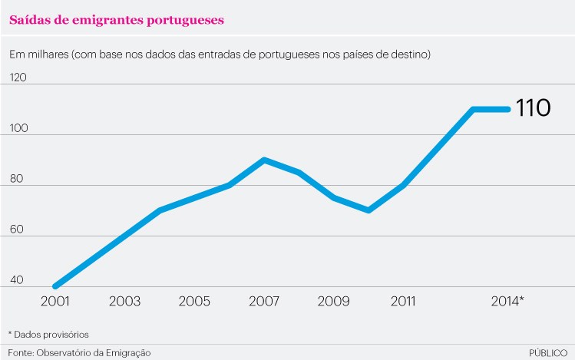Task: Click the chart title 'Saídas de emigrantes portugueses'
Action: click(x=117, y=20)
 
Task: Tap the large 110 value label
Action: click(x=533, y=108)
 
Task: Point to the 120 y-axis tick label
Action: click(x=17, y=78)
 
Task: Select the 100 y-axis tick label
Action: click(x=18, y=128)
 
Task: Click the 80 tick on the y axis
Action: click(x=18, y=179)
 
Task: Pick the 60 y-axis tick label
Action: click(x=18, y=230)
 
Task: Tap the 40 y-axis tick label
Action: click(x=18, y=280)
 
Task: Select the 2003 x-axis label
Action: click(x=124, y=301)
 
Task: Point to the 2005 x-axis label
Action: click(x=195, y=301)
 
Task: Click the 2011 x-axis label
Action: click(x=404, y=301)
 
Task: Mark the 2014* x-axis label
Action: click(x=507, y=301)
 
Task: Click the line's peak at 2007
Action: click(x=264, y=160)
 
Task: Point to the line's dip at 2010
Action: click(x=369, y=210)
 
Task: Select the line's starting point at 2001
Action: click(x=55, y=286)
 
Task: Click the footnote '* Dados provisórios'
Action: click(x=48, y=335)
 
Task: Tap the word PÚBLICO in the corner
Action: click(x=548, y=352)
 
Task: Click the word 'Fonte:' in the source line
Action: click(x=21, y=352)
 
